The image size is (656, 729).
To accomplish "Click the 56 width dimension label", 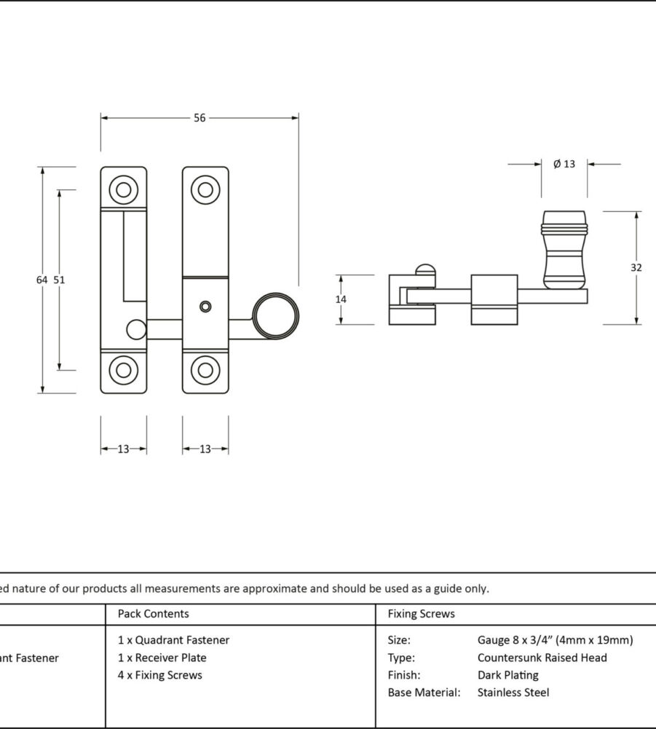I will click(x=199, y=118).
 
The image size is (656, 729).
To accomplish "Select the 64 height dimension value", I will click(x=42, y=280).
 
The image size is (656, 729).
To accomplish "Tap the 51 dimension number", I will click(x=60, y=280).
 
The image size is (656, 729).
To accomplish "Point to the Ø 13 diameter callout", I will click(x=564, y=164).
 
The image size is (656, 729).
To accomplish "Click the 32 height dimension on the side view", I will click(x=636, y=267).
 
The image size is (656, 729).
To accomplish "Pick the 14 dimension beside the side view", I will click(x=341, y=299).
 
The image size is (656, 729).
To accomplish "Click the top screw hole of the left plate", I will click(x=124, y=189).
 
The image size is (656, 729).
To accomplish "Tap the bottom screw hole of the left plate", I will click(x=124, y=370).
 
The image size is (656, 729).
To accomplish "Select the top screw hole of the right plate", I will click(x=205, y=189).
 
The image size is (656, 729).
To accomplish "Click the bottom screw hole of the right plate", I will click(x=205, y=370).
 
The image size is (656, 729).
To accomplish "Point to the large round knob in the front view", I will click(x=275, y=316).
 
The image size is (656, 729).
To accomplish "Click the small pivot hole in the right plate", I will click(x=205, y=306).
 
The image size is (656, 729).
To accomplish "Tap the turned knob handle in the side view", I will click(x=564, y=249).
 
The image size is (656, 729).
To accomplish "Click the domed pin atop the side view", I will click(x=425, y=272).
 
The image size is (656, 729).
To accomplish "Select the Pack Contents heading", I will click(x=153, y=614).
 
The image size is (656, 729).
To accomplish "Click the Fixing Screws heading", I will click(x=421, y=614).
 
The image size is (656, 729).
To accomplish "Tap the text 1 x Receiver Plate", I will click(x=162, y=658).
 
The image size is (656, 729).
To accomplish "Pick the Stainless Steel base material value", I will click(x=513, y=693).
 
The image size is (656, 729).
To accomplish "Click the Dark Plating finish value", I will click(x=508, y=675).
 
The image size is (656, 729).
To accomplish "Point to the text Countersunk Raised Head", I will click(x=542, y=658).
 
